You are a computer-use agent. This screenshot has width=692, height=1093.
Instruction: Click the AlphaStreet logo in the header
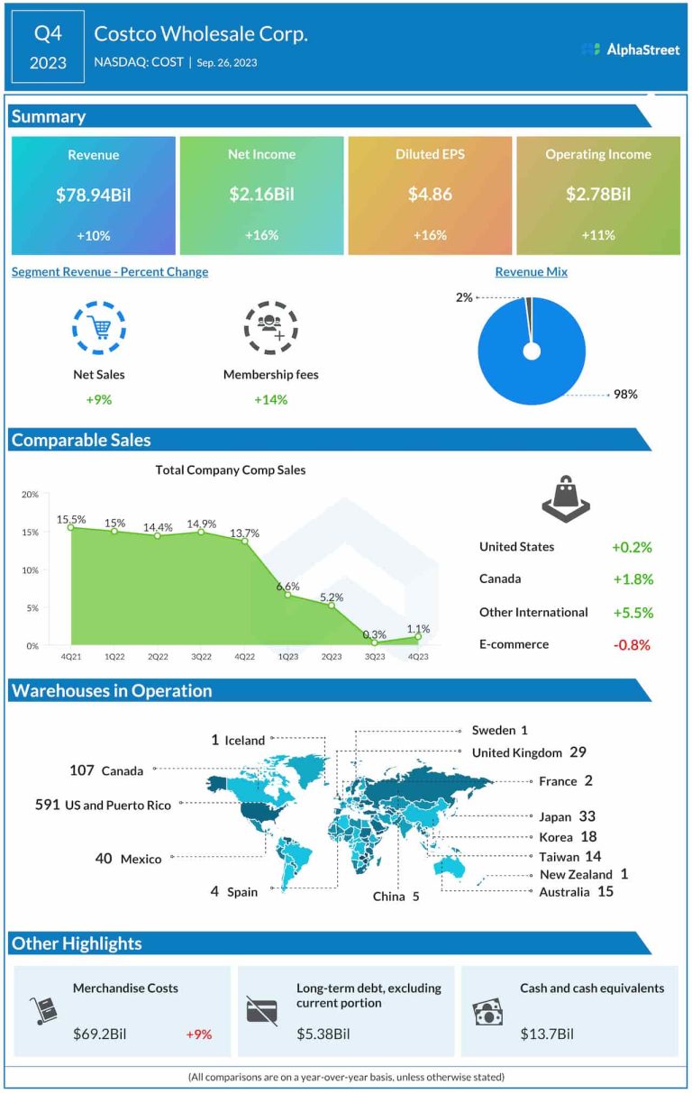click(x=631, y=50)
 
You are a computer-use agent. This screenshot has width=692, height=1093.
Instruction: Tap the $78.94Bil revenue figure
click(x=94, y=195)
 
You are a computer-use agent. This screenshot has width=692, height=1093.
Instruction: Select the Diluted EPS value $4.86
click(x=430, y=195)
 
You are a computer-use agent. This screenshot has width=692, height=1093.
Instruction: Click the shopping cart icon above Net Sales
click(x=98, y=327)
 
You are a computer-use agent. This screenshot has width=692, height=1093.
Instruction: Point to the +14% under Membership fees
click(x=270, y=399)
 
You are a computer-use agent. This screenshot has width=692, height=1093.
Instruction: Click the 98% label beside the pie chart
click(x=625, y=394)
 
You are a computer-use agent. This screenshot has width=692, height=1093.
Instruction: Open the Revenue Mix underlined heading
click(x=532, y=272)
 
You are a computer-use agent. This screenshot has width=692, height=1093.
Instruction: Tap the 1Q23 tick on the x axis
click(x=287, y=657)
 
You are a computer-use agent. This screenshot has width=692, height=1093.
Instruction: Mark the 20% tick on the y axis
click(x=30, y=495)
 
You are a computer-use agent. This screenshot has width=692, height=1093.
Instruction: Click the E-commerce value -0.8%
click(x=631, y=644)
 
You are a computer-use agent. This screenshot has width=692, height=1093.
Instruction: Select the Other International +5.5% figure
click(x=631, y=612)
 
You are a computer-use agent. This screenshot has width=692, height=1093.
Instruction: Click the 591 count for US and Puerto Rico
click(x=48, y=804)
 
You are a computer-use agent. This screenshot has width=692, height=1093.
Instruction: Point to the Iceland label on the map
click(x=244, y=741)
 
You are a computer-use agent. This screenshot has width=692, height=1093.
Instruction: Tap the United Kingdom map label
click(x=516, y=752)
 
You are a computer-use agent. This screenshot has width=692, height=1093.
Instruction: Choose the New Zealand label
click(x=576, y=874)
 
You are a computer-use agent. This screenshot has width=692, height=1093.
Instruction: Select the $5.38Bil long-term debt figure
click(x=323, y=1034)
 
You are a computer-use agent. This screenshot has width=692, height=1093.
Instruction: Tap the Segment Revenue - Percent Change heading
click(x=110, y=272)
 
